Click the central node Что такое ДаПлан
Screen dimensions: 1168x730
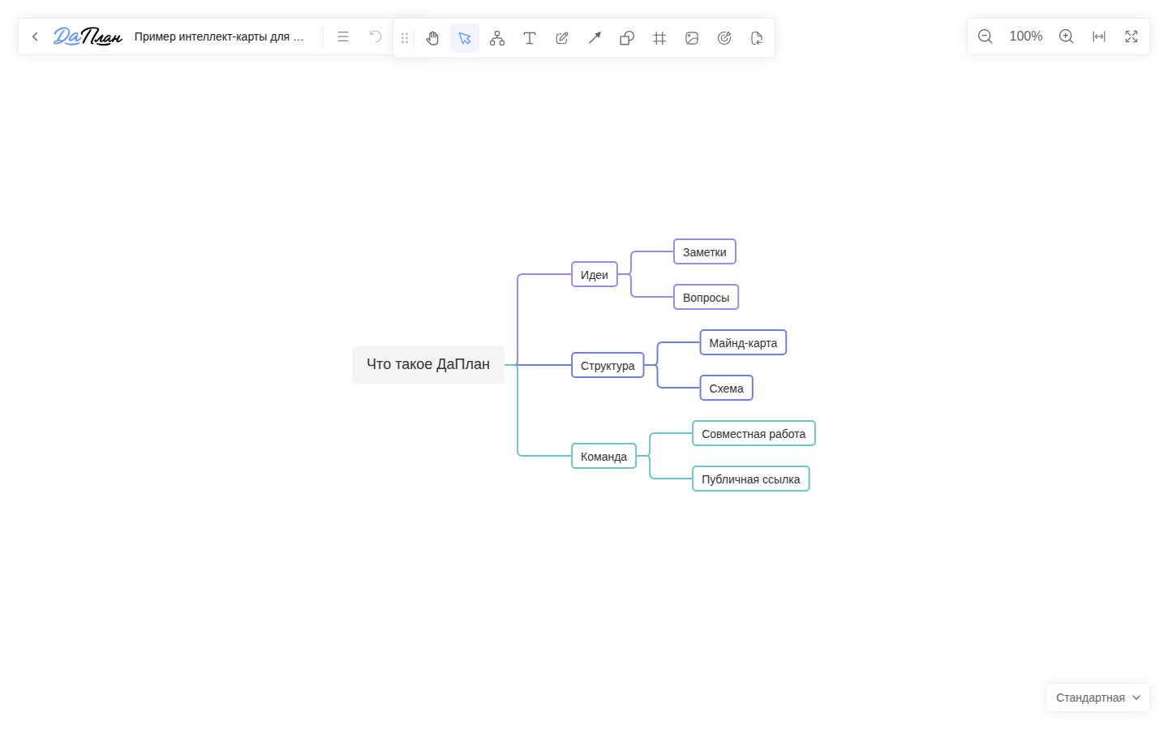[428, 364]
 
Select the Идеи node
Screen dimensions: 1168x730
[595, 274]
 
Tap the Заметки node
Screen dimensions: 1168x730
[704, 251]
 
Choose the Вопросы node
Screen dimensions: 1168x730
[706, 297]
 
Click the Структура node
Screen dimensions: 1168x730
[608, 365]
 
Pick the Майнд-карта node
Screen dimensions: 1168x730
[743, 342]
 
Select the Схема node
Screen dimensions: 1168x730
[727, 388]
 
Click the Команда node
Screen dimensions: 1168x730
[603, 456]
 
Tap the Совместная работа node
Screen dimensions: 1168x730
[754, 433]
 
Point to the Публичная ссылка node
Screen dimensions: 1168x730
[751, 479]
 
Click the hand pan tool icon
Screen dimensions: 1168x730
[432, 37]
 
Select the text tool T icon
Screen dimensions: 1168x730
[529, 37]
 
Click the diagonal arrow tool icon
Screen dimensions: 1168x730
[595, 37]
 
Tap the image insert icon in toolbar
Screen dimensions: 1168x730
[692, 37]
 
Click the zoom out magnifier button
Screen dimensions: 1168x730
[985, 36]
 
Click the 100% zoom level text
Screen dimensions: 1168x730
[1025, 36]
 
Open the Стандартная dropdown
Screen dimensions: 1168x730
[1097, 698]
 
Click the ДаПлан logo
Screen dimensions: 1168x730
[88, 36]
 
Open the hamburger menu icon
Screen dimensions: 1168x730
[342, 36]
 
